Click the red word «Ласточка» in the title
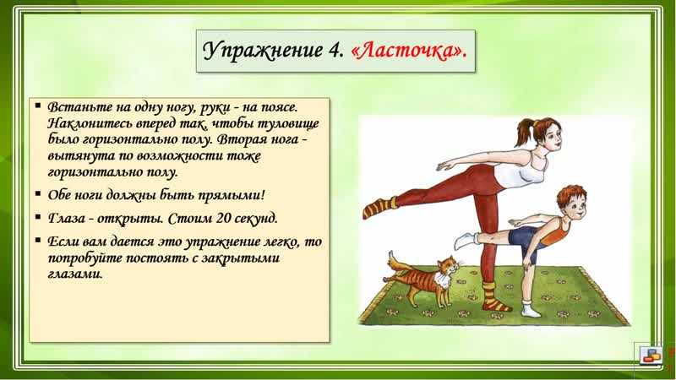[x=409, y=52]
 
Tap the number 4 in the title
[x=335, y=51]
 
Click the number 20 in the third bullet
[x=225, y=218]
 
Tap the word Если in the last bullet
[x=61, y=242]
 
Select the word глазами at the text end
[x=75, y=274]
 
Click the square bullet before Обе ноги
[x=38, y=194]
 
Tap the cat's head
[x=448, y=266]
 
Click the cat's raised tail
[x=395, y=263]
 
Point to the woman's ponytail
[x=525, y=132]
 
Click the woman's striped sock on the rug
[x=493, y=297]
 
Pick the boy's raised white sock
[x=466, y=241]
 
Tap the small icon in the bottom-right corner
[x=651, y=355]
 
